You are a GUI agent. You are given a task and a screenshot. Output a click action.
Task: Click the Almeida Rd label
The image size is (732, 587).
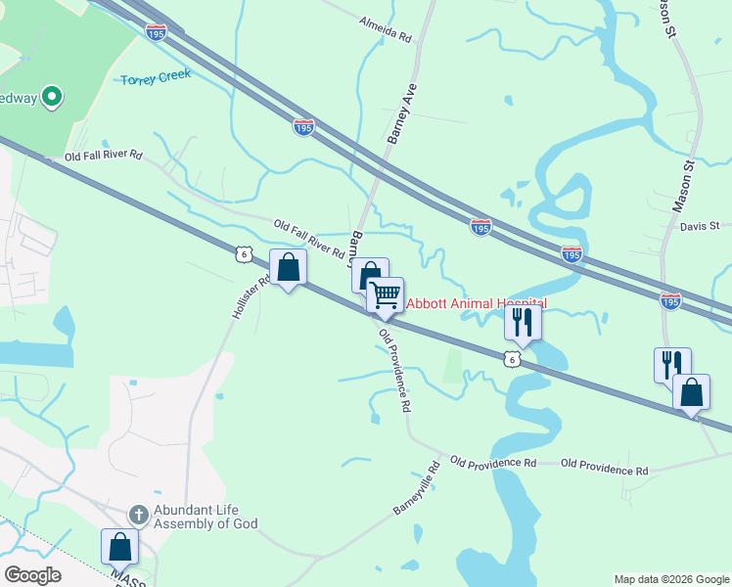[386, 26]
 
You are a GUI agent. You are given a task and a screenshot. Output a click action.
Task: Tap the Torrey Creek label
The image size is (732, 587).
[157, 77]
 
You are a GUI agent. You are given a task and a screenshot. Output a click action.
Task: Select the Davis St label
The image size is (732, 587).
[700, 226]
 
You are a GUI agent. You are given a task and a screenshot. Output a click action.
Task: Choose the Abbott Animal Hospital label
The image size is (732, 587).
[476, 303]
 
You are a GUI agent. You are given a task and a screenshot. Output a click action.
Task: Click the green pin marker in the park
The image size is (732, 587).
[52, 97]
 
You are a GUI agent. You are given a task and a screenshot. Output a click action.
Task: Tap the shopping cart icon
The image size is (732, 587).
[385, 293]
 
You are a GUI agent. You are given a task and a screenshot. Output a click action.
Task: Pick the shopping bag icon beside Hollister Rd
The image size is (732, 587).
[288, 267]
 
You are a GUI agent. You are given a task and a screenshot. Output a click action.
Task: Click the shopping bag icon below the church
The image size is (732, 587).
[120, 547]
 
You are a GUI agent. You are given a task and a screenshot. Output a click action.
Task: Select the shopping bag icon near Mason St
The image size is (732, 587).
[692, 392]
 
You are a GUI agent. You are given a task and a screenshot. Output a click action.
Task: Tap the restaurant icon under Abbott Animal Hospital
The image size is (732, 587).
[523, 322]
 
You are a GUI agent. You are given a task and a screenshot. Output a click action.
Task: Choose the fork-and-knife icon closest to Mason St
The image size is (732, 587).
[672, 364]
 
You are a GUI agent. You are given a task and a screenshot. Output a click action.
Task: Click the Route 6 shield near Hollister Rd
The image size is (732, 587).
[244, 254]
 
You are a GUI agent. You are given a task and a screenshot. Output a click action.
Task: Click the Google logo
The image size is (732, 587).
[32, 575]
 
